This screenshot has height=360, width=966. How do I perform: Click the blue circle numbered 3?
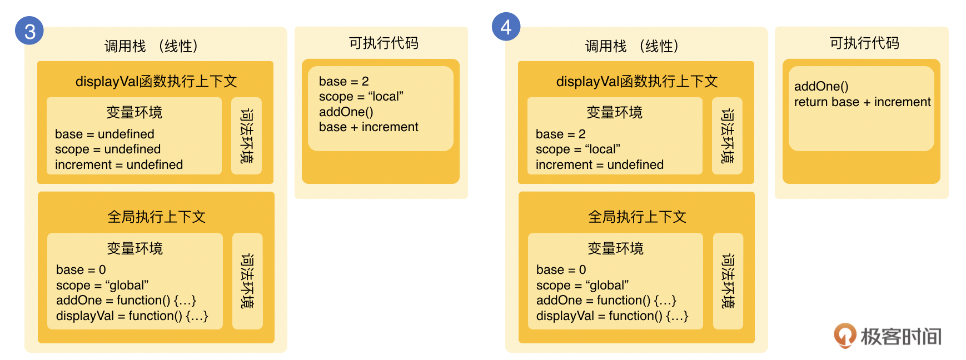[29, 31]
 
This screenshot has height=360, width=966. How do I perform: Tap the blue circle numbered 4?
[506, 27]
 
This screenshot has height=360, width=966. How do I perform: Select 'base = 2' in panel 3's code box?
[343, 81]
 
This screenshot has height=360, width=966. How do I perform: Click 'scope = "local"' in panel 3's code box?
[361, 96]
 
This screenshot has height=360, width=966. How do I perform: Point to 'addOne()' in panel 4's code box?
[821, 86]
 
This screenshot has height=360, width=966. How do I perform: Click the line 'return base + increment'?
[862, 102]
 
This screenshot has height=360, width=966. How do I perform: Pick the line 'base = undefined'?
[104, 134]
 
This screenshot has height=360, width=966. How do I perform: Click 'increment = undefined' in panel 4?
[599, 164]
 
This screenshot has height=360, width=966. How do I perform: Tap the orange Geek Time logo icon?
[844, 336]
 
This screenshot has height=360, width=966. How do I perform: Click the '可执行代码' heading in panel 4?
[864, 43]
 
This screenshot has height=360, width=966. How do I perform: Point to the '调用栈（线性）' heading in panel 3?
[151, 46]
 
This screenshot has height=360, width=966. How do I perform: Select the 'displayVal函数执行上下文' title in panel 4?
[636, 82]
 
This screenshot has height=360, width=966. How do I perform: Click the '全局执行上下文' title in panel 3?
[156, 216]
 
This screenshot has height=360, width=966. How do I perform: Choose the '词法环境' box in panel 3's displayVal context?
[246, 136]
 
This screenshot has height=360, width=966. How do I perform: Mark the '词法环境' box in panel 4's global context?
[728, 281]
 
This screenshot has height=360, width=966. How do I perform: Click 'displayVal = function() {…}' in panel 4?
[612, 316]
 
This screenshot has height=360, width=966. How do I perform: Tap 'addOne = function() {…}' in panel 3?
[126, 300]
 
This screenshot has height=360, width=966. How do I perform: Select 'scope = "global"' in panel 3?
[102, 285]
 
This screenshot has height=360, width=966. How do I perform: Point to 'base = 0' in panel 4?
[561, 269]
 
